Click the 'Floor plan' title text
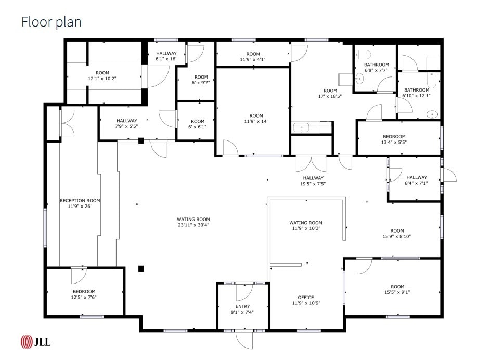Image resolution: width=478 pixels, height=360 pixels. click(51, 22)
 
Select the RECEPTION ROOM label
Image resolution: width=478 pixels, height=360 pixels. click(80, 200)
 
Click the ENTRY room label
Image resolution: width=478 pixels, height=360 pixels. click(242, 306)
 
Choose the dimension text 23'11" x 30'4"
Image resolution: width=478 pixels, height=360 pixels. click(193, 225)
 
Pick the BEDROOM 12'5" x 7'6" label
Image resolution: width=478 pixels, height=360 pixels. click(84, 291)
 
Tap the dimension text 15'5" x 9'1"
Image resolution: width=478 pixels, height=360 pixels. click(397, 292)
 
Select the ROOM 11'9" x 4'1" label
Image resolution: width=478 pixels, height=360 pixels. click(253, 54)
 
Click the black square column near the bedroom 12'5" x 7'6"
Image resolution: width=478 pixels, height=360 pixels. click(140, 268)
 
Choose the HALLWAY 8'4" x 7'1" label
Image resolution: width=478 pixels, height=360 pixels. click(416, 177)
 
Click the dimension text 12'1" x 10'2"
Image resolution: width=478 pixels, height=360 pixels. click(102, 79)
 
